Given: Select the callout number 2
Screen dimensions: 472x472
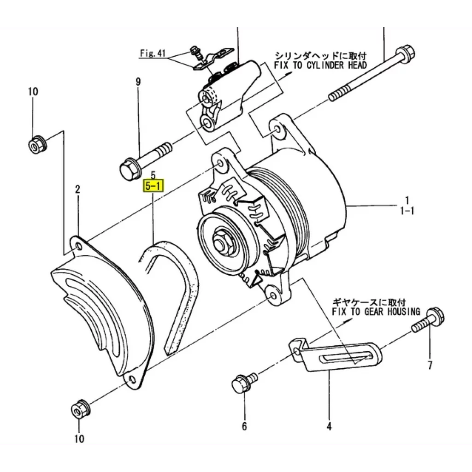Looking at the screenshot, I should [x=77, y=189].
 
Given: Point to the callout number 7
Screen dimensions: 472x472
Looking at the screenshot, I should [x=430, y=366].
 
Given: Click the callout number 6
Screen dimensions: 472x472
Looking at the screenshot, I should [x=244, y=426].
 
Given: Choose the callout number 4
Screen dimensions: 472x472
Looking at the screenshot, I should [x=329, y=426].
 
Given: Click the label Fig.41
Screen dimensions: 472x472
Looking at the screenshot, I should [x=153, y=53].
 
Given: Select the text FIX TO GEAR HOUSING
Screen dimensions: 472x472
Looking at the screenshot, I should [x=376, y=312].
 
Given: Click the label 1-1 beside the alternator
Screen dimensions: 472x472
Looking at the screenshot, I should [x=407, y=211].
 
